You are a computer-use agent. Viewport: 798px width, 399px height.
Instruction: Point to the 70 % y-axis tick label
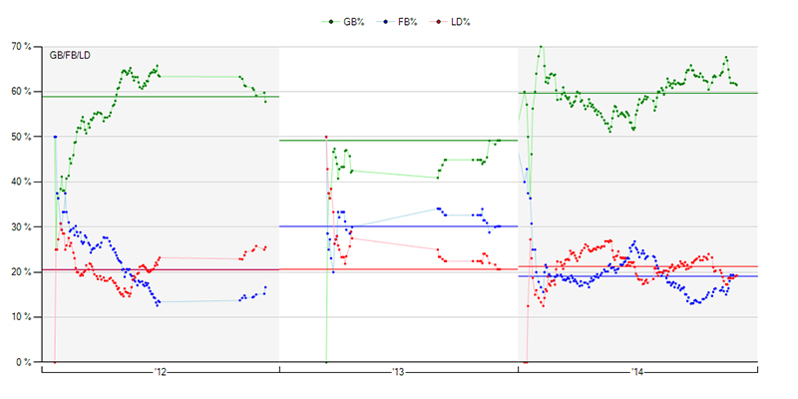(x=22, y=46)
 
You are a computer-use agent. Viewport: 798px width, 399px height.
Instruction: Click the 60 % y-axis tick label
(x=22, y=91)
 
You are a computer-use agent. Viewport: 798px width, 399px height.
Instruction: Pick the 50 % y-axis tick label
(x=22, y=136)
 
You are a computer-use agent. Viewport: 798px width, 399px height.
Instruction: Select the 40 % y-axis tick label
(x=22, y=182)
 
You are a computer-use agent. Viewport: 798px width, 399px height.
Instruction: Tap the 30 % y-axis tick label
(x=22, y=226)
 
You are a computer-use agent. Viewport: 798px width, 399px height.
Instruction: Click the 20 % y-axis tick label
(x=22, y=271)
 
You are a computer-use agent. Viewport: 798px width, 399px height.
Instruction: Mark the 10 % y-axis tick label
(x=22, y=317)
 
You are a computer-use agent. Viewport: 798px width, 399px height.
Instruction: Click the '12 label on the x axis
(x=160, y=374)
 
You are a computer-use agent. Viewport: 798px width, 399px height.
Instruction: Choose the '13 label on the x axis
(x=398, y=374)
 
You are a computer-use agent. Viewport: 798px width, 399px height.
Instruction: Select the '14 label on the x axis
(x=637, y=374)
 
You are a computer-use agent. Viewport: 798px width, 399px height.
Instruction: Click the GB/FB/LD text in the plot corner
(x=71, y=57)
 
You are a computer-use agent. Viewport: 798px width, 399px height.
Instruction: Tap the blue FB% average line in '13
(x=419, y=226)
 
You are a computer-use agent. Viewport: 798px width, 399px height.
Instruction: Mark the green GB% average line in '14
(x=638, y=93)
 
